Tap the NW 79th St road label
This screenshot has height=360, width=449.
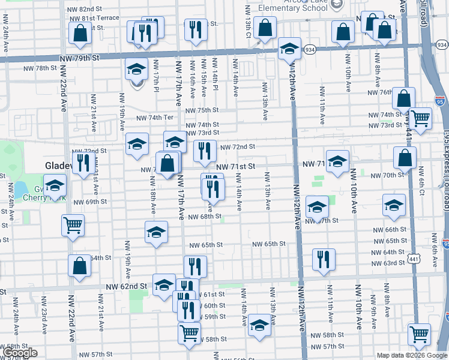point(79,58)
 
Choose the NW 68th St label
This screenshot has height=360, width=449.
point(205,217)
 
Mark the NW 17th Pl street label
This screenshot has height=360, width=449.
point(155,84)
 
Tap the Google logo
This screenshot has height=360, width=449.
point(20,353)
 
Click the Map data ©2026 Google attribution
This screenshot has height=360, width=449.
point(412,355)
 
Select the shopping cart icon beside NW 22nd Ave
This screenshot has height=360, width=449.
point(73,226)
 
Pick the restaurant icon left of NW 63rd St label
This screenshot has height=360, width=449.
point(323,259)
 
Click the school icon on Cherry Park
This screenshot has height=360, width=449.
point(55,187)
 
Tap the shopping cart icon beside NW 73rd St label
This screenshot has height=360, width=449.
point(420,118)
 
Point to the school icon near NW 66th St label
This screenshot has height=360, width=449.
point(393,205)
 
